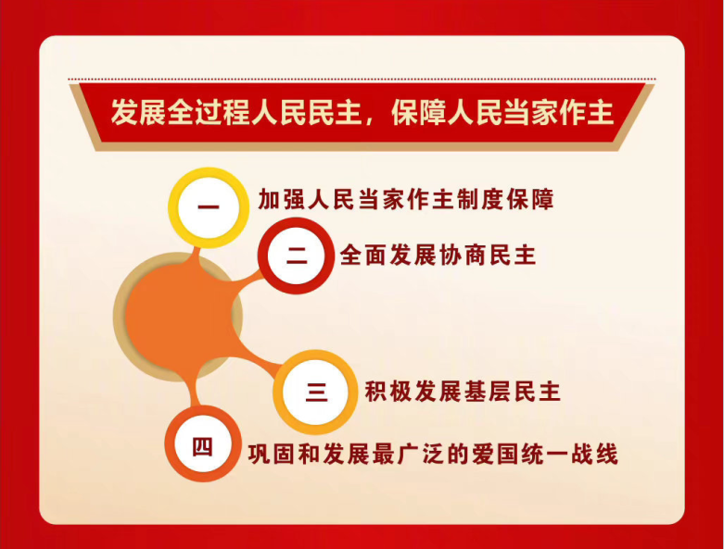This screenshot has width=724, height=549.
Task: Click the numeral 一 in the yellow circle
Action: [x=209, y=206]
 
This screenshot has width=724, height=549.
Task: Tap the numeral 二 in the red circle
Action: [x=296, y=256]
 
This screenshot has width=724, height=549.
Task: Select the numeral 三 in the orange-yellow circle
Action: [x=317, y=392]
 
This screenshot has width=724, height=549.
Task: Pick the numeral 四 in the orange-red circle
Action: [x=203, y=446]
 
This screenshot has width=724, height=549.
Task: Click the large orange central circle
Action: [x=178, y=318]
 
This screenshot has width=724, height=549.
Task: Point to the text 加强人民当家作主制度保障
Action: [x=405, y=199]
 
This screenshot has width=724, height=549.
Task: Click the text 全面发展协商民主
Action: [x=438, y=255]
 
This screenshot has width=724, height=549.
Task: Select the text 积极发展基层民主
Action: [x=463, y=392]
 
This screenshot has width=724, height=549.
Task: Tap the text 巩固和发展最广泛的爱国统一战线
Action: [x=433, y=454]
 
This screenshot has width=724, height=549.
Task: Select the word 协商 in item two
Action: [x=463, y=255]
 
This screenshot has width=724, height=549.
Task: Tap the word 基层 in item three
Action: [x=487, y=392]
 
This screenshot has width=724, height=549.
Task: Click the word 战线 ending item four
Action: [x=594, y=454]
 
